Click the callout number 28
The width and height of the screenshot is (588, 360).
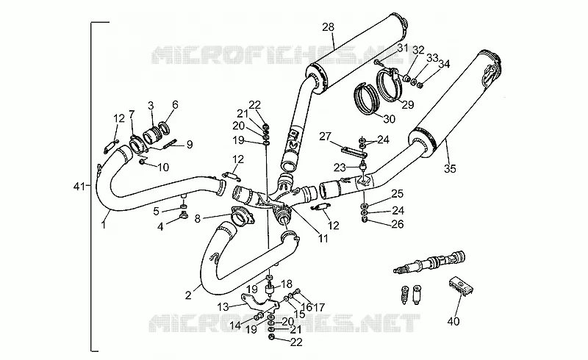[328, 27]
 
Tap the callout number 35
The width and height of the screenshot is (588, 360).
[450, 169]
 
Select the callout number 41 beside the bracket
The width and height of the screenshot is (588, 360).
[79, 186]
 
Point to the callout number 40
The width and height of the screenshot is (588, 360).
[453, 321]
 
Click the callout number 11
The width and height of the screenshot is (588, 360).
[323, 238]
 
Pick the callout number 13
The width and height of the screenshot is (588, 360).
[223, 307]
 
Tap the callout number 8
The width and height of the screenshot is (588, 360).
[198, 218]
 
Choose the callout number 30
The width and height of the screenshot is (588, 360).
[390, 119]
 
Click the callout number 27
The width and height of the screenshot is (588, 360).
[325, 136]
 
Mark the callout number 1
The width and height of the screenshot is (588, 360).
[103, 225]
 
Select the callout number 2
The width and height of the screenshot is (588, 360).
[188, 295]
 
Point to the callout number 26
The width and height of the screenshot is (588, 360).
[398, 224]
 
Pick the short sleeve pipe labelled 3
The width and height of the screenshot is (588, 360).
[153, 135]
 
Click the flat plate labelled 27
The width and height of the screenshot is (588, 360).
[354, 152]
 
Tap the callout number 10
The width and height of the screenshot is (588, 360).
[163, 167]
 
